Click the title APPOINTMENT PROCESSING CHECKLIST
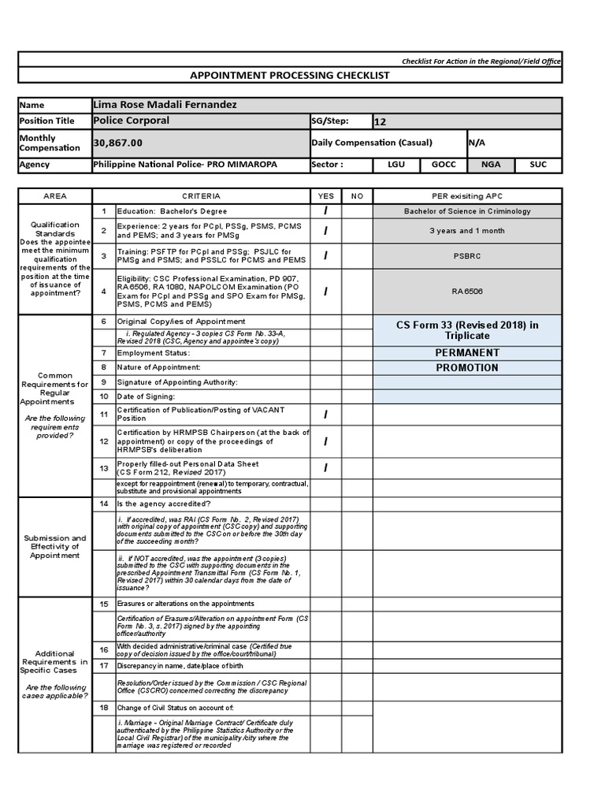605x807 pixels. (x=290, y=75)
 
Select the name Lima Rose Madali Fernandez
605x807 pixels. (x=165, y=105)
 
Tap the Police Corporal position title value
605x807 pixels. (x=131, y=121)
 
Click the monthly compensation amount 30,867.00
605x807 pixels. (x=118, y=143)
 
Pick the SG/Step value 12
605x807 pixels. (x=380, y=121)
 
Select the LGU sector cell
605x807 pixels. (x=395, y=165)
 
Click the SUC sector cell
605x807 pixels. (x=538, y=165)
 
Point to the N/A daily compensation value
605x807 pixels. (x=477, y=143)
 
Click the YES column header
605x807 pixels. (x=325, y=195)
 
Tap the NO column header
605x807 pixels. (x=357, y=195)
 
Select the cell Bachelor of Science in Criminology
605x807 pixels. (x=467, y=211)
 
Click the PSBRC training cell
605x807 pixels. (x=467, y=256)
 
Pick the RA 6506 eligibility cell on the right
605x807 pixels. (x=467, y=291)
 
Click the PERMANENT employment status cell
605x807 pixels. (x=467, y=352)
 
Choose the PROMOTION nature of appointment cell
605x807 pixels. (x=467, y=367)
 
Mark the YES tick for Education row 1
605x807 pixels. (x=325, y=211)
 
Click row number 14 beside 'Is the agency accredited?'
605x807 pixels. (x=104, y=503)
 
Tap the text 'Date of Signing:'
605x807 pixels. (x=147, y=396)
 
